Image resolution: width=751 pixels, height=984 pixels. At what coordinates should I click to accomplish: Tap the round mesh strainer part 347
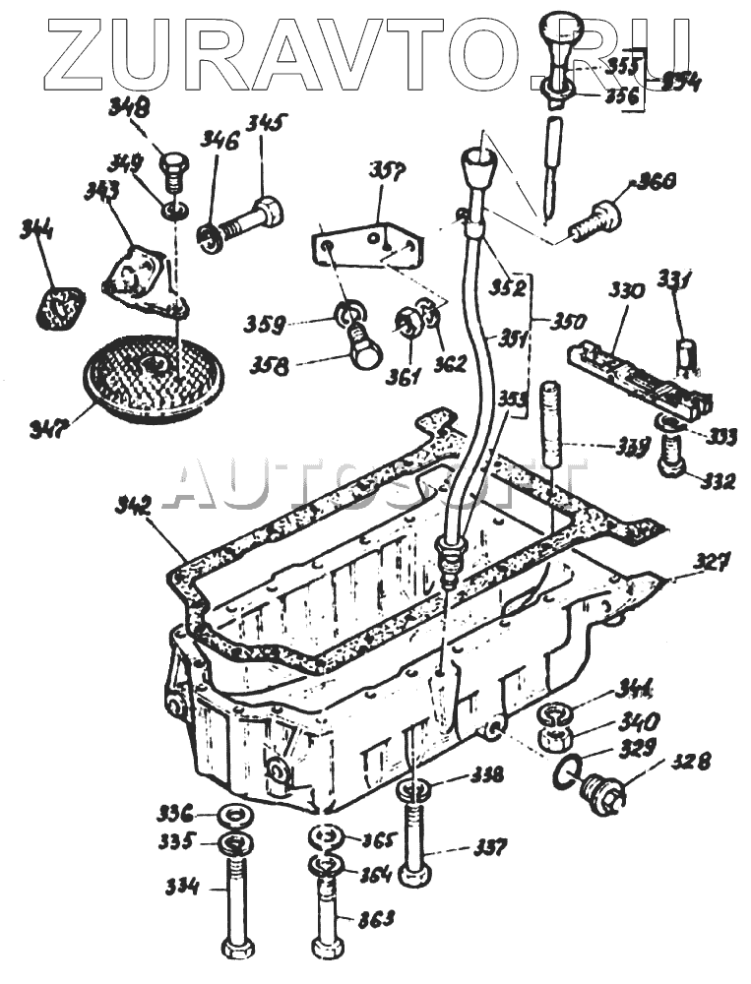point(153,373)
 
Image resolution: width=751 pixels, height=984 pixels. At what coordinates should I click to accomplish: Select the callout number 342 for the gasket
point(132,507)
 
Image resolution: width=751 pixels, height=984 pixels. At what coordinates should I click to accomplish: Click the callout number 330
point(626,292)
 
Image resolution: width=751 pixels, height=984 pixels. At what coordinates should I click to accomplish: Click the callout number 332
point(718,482)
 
